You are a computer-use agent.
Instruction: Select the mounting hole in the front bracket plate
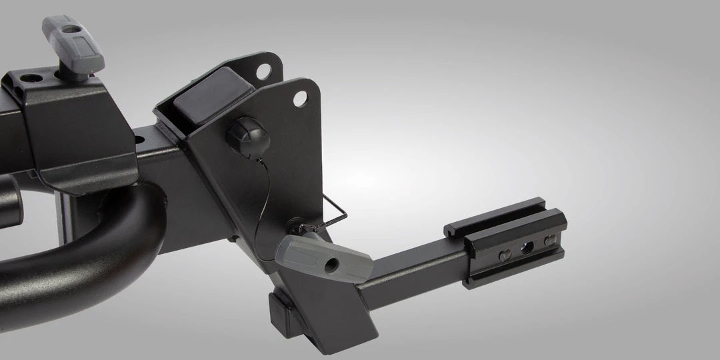pyautogui.click(x=300, y=100)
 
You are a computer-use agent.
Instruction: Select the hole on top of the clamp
pyautogui.click(x=29, y=79)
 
